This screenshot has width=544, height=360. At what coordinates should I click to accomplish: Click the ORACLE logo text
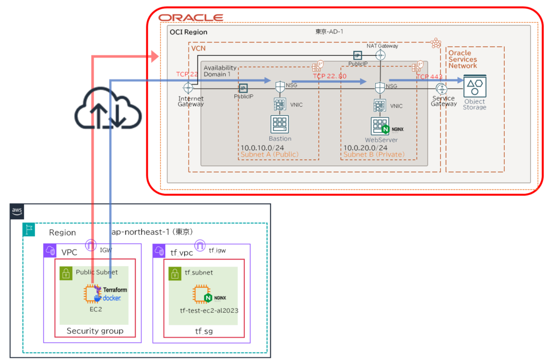coord(191,18)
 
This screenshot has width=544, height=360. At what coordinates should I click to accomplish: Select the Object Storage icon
coord(474,87)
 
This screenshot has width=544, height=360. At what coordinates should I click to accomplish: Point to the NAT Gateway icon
coord(380,54)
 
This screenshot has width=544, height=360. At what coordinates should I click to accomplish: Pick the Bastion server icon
coord(279,125)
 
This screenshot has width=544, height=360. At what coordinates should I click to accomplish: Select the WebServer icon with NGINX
coord(380,126)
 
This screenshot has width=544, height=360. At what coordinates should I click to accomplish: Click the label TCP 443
coord(429,77)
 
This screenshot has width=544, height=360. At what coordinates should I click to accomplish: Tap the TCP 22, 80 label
coord(329,76)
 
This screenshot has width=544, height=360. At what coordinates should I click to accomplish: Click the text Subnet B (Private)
coord(374,155)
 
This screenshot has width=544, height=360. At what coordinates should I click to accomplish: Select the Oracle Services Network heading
coord(463,59)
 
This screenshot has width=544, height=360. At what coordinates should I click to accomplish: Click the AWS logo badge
coord(17,211)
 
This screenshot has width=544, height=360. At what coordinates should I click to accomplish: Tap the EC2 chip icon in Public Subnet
coord(92,293)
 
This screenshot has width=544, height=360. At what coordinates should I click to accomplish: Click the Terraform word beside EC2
coord(112,290)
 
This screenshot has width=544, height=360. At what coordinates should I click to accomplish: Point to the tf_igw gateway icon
coord(200,246)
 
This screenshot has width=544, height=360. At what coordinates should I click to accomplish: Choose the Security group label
coord(95,331)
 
